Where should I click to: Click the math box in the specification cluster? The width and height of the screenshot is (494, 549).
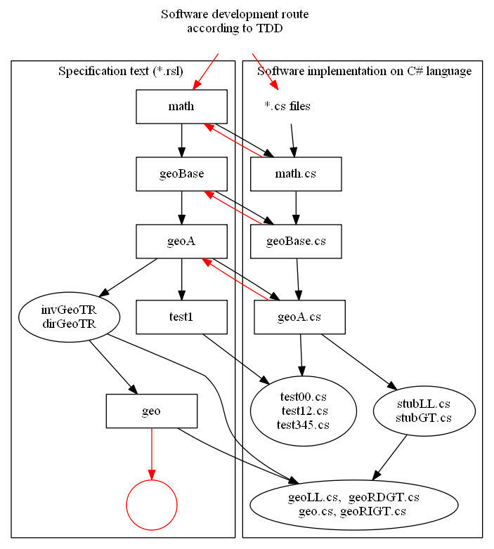[x=181, y=107]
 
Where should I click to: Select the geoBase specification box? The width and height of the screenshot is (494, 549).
[x=181, y=174]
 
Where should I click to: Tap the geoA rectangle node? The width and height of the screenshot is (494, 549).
[x=181, y=242]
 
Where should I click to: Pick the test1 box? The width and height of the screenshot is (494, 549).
[x=181, y=317]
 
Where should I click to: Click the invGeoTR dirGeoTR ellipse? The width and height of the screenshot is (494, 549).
[x=69, y=317]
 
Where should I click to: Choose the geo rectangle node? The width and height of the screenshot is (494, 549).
[x=151, y=411]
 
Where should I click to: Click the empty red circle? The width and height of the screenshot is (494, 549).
[x=151, y=505]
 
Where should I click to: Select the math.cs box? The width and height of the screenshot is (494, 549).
[x=296, y=174]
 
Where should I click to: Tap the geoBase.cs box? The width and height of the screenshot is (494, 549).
[x=296, y=242]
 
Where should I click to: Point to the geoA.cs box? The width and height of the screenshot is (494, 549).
[x=299, y=317]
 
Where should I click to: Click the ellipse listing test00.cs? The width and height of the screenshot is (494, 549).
[x=304, y=411]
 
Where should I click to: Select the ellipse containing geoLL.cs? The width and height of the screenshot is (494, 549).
[x=353, y=504]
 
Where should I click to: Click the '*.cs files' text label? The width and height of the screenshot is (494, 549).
[x=287, y=107]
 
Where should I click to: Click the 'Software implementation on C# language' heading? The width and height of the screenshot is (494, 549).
[x=364, y=71]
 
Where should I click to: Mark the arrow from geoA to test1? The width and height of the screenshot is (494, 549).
[x=181, y=279]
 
